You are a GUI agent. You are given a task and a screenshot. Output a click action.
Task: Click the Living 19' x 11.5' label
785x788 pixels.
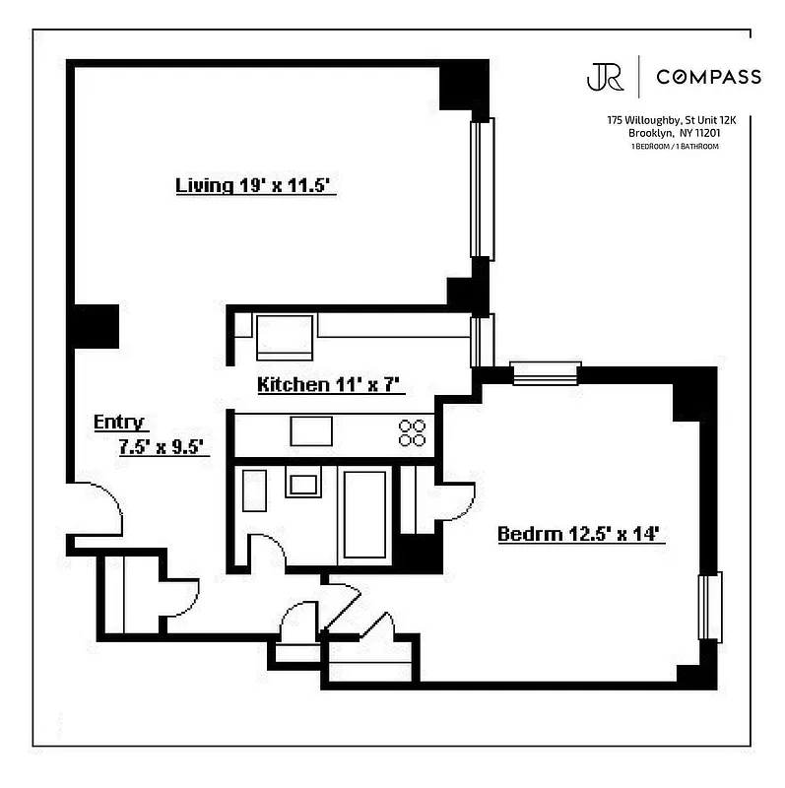click(256, 185)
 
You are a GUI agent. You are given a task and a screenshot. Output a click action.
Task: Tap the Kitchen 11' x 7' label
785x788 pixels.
click(331, 384)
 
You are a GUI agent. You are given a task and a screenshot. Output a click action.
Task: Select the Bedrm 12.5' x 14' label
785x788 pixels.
click(576, 535)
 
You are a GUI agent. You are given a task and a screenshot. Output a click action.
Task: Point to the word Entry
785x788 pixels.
click(119, 423)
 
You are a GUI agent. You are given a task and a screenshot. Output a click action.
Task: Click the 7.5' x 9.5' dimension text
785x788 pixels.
click(161, 446)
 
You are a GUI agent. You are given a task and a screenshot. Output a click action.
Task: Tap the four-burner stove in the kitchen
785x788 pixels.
click(413, 432)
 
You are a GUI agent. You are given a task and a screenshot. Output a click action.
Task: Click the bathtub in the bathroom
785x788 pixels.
click(365, 513)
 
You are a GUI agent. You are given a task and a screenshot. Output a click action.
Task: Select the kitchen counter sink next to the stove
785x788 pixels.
click(311, 431)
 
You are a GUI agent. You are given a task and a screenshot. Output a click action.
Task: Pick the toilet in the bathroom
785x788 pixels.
click(254, 490)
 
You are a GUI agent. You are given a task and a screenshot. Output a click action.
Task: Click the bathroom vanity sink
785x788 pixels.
click(303, 483)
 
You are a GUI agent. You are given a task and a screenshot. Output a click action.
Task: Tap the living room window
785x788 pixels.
click(482, 189)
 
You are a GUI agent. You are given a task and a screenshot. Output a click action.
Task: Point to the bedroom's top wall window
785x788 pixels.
click(545, 372)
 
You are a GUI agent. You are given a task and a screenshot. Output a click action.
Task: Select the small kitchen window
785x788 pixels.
click(481, 340)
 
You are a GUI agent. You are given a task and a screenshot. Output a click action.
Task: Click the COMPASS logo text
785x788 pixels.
click(708, 77)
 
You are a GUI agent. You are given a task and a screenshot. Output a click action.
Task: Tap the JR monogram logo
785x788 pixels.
click(605, 77)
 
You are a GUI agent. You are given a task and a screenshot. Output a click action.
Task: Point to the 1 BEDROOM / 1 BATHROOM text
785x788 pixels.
click(675, 147)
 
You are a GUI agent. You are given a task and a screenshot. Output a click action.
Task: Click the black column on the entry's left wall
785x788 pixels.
click(96, 326)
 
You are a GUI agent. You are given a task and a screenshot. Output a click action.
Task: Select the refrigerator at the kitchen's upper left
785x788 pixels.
click(285, 337)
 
